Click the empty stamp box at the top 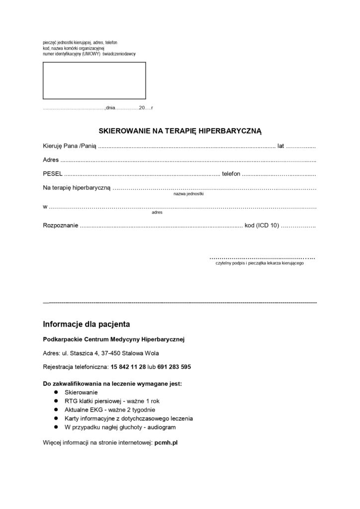coord(94,81)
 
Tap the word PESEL coord(53,174)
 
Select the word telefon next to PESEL coord(231,174)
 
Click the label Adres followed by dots coord(51,160)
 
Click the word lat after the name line coord(281,146)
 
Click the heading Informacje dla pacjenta coord(87,325)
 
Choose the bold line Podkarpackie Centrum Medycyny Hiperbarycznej coord(114,339)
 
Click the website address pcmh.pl coord(166,442)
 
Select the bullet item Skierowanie coord(81,392)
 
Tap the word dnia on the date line coord(110,108)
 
